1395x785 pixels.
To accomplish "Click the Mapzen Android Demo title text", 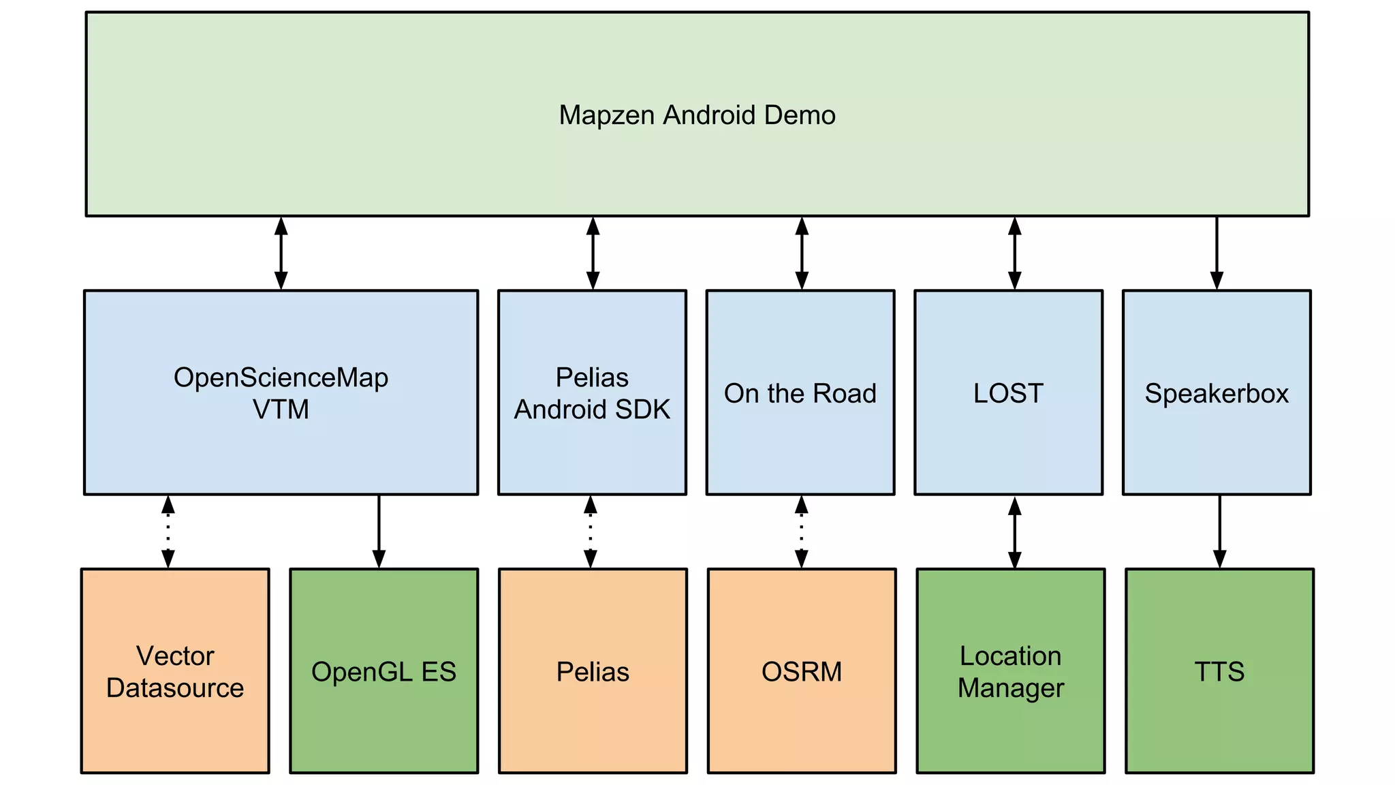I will pyautogui.click(x=697, y=114).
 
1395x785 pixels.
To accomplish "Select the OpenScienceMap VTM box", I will pyautogui.click(x=281, y=392).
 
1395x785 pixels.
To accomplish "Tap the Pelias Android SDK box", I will pyautogui.click(x=592, y=392).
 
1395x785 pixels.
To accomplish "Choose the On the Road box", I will pyautogui.click(x=800, y=392).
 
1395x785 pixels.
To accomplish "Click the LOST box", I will pyautogui.click(x=1008, y=392).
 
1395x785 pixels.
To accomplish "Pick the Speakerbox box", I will pyautogui.click(x=1217, y=392).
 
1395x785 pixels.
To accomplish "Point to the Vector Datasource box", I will pyautogui.click(x=175, y=671).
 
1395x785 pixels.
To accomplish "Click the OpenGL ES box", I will pyautogui.click(x=383, y=671).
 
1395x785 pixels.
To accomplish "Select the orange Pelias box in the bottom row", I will pyautogui.click(x=593, y=671).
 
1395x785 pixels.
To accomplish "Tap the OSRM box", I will pyautogui.click(x=802, y=671).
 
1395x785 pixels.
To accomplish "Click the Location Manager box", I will pyautogui.click(x=1011, y=671).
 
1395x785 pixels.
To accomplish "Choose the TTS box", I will pyautogui.click(x=1219, y=671).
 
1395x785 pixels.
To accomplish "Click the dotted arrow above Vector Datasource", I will pyautogui.click(x=168, y=532).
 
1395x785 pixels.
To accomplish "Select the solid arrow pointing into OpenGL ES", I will pyautogui.click(x=379, y=532).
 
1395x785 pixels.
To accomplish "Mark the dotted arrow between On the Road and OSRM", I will pyautogui.click(x=802, y=532).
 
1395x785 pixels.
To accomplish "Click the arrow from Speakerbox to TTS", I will pyautogui.click(x=1220, y=532).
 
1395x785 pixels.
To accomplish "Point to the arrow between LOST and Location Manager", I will pyautogui.click(x=1015, y=532).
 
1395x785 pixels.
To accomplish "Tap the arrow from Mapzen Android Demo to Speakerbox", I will pyautogui.click(x=1217, y=253).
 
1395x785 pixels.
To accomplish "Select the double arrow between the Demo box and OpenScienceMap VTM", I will pyautogui.click(x=281, y=253).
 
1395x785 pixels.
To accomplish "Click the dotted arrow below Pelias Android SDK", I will pyautogui.click(x=591, y=532).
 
